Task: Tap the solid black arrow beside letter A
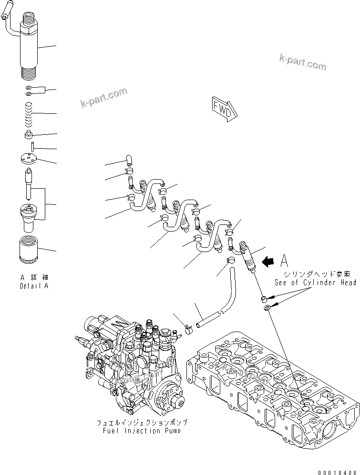click(x=268, y=260)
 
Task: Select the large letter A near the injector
click(x=285, y=260)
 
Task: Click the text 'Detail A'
click(x=34, y=286)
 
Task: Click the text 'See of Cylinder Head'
click(x=315, y=283)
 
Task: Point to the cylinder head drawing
click(x=272, y=386)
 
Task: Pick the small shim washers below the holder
click(x=29, y=90)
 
